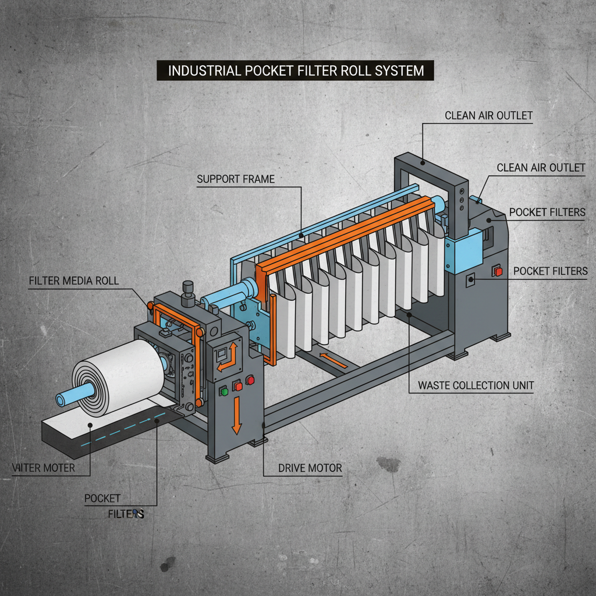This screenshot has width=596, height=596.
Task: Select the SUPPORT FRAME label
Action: pyautogui.click(x=235, y=179)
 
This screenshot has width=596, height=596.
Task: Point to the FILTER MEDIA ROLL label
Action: pyautogui.click(x=73, y=281)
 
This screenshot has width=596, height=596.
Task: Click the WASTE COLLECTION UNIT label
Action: pyautogui.click(x=476, y=385)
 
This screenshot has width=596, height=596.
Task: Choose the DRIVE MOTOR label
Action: pyautogui.click(x=310, y=467)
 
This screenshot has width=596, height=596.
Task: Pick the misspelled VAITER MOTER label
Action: pyautogui.click(x=43, y=467)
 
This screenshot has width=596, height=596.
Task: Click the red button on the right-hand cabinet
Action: pyautogui.click(x=497, y=271)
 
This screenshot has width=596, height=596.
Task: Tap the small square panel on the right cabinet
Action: pyautogui.click(x=471, y=280)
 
